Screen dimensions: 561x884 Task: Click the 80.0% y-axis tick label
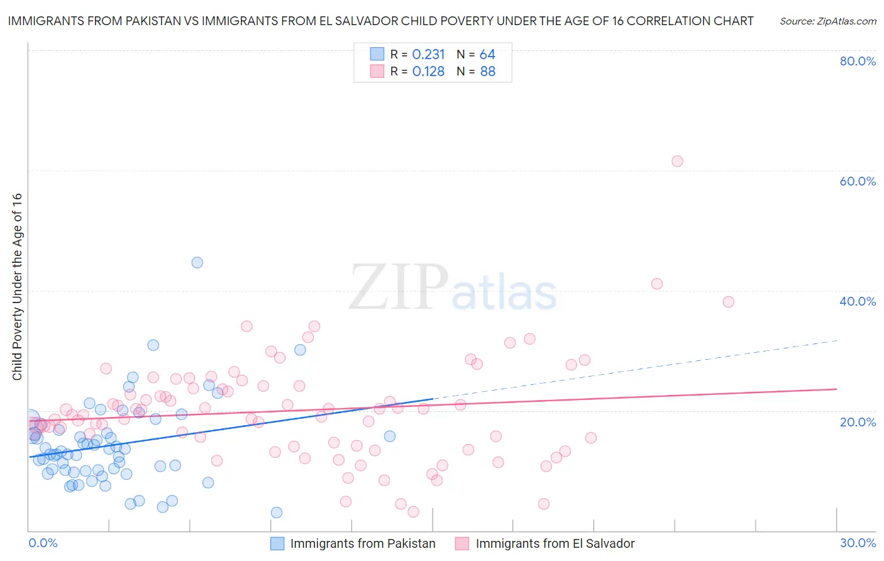coord(858,61)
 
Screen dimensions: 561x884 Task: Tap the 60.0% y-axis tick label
coord(858,181)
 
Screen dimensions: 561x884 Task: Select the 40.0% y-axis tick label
coord(858,301)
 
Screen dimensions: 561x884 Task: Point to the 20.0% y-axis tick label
coord(858,422)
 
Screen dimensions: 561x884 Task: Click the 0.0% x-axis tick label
coord(43,543)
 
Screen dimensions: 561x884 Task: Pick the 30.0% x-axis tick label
coord(858,543)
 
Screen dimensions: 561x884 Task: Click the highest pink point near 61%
coord(677,161)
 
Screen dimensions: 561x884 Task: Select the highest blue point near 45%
coord(197,263)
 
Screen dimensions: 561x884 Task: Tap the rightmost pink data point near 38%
coord(728,302)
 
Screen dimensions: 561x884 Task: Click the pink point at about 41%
coord(657,284)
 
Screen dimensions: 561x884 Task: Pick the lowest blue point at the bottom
coord(277,513)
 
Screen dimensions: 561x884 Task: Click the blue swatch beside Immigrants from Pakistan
coord(277,543)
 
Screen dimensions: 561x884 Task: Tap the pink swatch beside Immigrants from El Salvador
coord(462,543)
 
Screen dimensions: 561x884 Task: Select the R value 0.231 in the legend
coord(428,55)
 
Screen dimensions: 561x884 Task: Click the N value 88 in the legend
coord(488,72)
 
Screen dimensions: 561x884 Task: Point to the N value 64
coord(488,55)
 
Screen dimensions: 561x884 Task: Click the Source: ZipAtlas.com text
coord(827,21)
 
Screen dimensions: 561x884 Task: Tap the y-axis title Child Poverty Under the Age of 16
coord(18,286)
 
